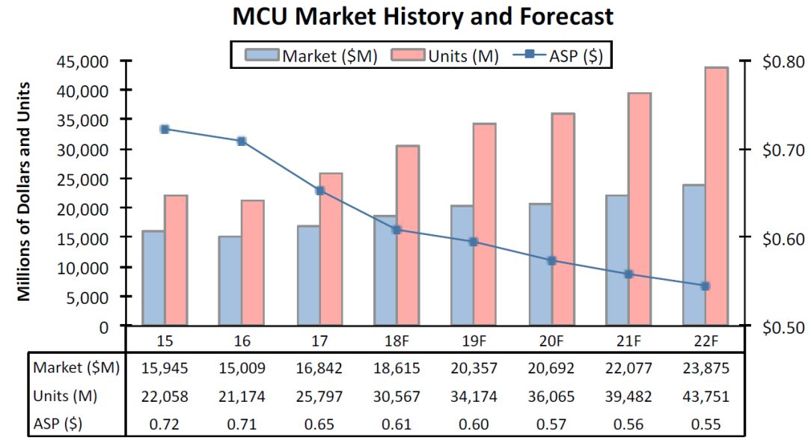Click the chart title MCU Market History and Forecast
coord(423,16)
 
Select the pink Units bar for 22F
coord(716,196)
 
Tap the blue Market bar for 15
coord(153,278)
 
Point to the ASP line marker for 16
coord(242,141)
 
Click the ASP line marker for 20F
coord(552,261)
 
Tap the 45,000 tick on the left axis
coord(82,61)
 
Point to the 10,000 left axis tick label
coord(82,267)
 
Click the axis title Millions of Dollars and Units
coord(25,192)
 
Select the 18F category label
coord(397,340)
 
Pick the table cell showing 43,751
coord(706,396)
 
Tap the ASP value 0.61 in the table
coord(397,424)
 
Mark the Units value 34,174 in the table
coord(474,396)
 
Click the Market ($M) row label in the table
coord(76,368)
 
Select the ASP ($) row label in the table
coord(58,424)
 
